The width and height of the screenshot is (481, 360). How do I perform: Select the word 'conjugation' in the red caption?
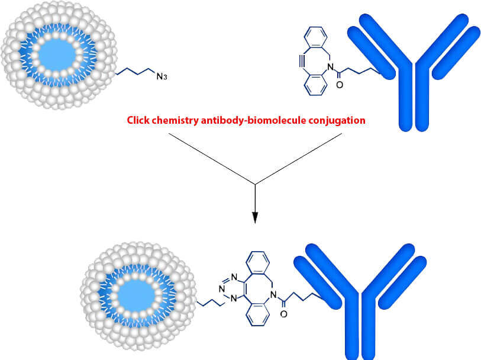pyautogui.click(x=340, y=121)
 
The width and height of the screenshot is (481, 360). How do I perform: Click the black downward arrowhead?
pyautogui.click(x=255, y=217)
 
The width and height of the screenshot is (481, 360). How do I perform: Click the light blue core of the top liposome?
pyautogui.click(x=56, y=55)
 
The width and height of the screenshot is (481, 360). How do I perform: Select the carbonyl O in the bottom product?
pyautogui.click(x=283, y=315)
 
